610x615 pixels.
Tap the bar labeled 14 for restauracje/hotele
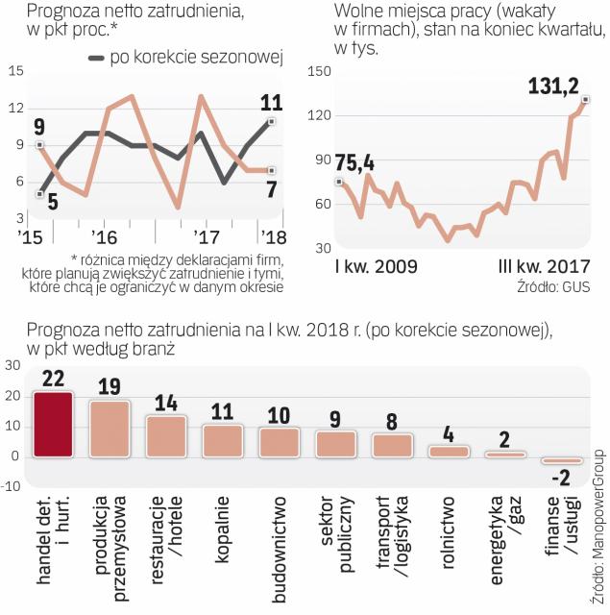point(166,436)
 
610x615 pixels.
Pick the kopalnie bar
point(223,440)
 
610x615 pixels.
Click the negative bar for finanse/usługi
point(562,460)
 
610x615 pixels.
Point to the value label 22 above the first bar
point(54,378)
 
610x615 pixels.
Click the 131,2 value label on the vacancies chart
point(553,87)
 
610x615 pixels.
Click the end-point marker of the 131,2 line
point(586,100)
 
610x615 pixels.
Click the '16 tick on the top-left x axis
point(104,236)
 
